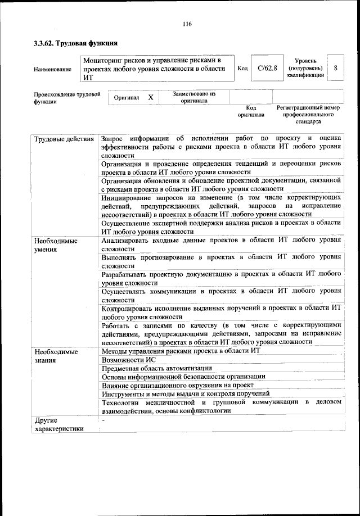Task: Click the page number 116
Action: (187, 23)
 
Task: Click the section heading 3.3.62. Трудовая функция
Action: (75, 43)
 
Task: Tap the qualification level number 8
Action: (335, 68)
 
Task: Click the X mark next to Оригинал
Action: (151, 97)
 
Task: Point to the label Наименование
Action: (52, 69)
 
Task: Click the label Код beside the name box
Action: (243, 69)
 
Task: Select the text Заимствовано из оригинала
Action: (194, 97)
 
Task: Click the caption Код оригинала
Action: (251, 111)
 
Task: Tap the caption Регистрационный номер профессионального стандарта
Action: (308, 114)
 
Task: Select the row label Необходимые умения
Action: (56, 245)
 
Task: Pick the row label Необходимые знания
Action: (56, 356)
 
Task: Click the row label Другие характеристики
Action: (59, 424)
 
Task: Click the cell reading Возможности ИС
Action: (129, 360)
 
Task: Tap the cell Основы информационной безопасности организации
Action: (183, 377)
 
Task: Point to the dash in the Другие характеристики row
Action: (103, 420)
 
